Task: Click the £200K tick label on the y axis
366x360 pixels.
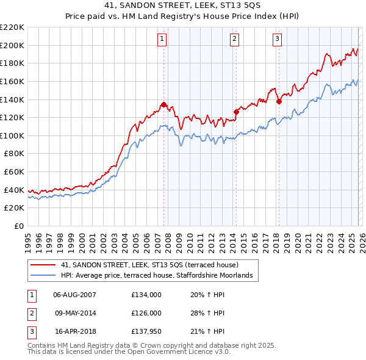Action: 13,45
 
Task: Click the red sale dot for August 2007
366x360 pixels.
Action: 163,104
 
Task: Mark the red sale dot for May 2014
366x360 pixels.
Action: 236,112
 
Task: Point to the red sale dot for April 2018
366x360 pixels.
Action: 279,101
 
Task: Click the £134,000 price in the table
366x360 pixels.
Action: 146,294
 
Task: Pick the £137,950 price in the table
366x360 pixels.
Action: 146,332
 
